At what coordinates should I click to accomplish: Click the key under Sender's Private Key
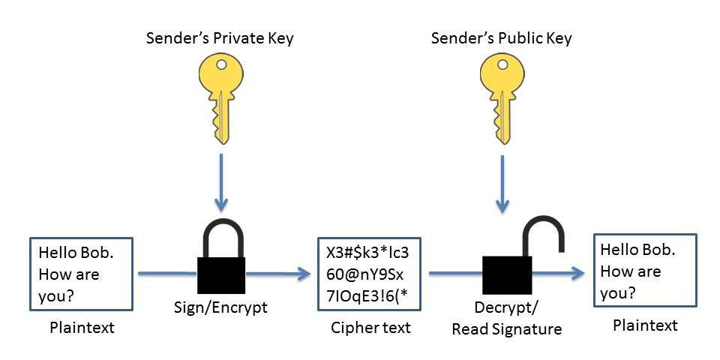point(220,97)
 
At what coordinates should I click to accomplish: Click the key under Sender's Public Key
point(502,97)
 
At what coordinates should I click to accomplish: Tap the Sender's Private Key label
point(220,37)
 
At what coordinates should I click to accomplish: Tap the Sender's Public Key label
point(502,37)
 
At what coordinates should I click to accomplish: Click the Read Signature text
point(506,328)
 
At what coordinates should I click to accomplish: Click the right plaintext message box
point(645,270)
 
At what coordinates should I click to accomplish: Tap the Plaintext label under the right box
point(645,325)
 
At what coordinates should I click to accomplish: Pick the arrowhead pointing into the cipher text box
point(304,274)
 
